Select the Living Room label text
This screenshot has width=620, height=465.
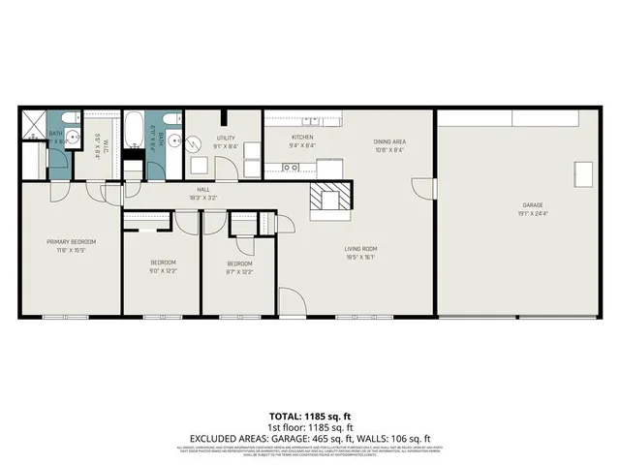tap(362, 249)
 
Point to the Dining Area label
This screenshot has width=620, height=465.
tap(389, 142)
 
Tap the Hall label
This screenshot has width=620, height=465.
tap(203, 189)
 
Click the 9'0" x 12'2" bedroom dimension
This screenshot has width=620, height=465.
tap(163, 271)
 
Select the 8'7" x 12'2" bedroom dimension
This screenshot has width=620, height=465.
tap(240, 271)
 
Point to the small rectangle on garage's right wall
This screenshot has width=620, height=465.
tap(584, 174)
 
